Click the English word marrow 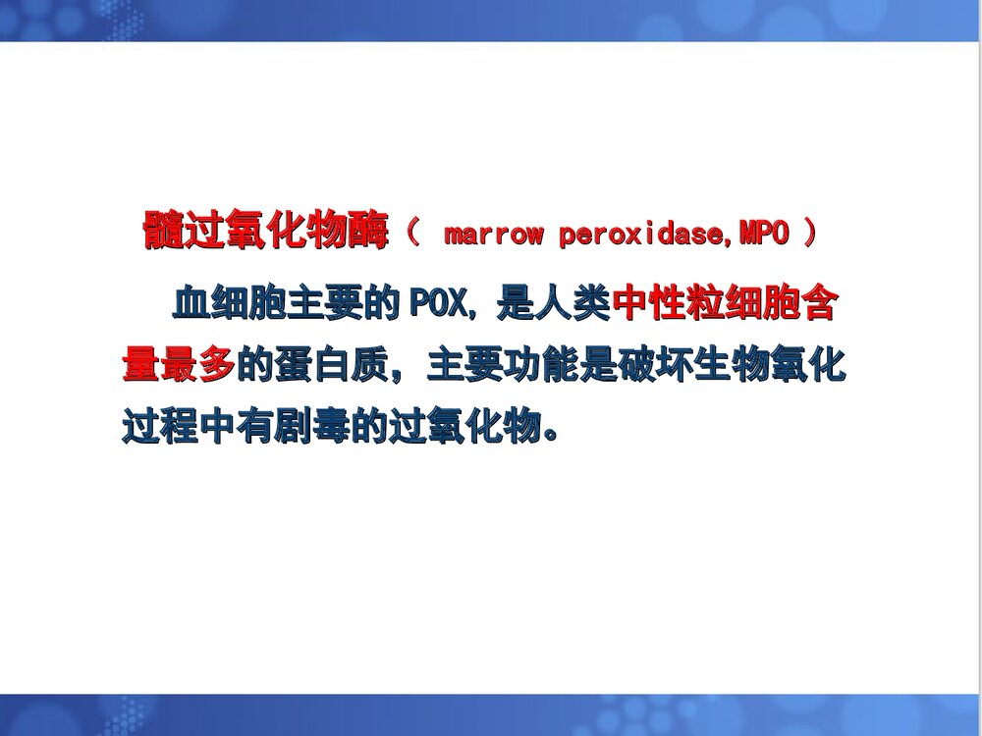pyautogui.click(x=493, y=235)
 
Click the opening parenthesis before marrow pyautogui.click(x=412, y=234)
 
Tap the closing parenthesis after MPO pyautogui.click(x=810, y=234)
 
